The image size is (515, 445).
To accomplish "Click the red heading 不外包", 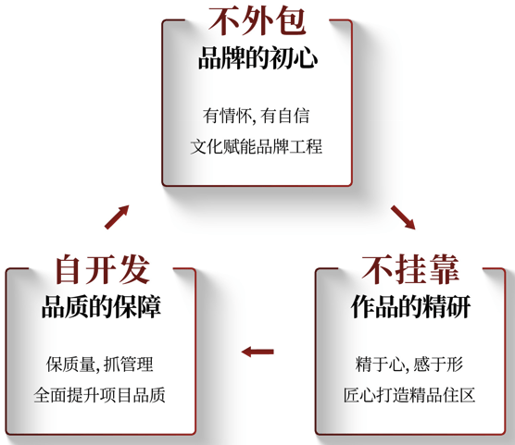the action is pos(257,20).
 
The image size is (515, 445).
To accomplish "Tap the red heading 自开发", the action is pos(103,269).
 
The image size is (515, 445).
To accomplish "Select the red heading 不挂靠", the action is pos(410,269).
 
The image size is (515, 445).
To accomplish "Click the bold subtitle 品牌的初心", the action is pos(257,57).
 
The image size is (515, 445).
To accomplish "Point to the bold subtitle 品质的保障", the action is pos(101,306).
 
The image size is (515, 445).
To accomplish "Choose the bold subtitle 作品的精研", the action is pos(411,306).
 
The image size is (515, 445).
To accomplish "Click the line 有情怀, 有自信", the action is pos(257,116).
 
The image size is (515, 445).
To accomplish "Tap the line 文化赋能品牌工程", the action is pos(257,146).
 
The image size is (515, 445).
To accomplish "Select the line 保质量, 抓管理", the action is pos(100,365).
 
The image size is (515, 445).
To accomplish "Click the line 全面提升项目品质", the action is pos(99,395).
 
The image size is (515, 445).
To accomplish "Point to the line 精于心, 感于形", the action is pos(409,365).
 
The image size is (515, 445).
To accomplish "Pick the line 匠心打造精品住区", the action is pos(409,395).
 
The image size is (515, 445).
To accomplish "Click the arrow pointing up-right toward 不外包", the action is pos(117,216).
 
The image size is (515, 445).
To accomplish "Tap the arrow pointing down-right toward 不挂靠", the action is pos(403,217).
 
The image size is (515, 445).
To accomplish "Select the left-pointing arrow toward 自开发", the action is pos(257,352).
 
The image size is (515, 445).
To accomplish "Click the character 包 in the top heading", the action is pos(291,20).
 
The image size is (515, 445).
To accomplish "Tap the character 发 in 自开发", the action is pos(135,269).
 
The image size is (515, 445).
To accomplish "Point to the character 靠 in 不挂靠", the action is pos(444,269).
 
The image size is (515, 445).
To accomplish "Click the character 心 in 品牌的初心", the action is pos(306,58).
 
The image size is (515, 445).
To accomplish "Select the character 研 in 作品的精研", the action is pos(459,306).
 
